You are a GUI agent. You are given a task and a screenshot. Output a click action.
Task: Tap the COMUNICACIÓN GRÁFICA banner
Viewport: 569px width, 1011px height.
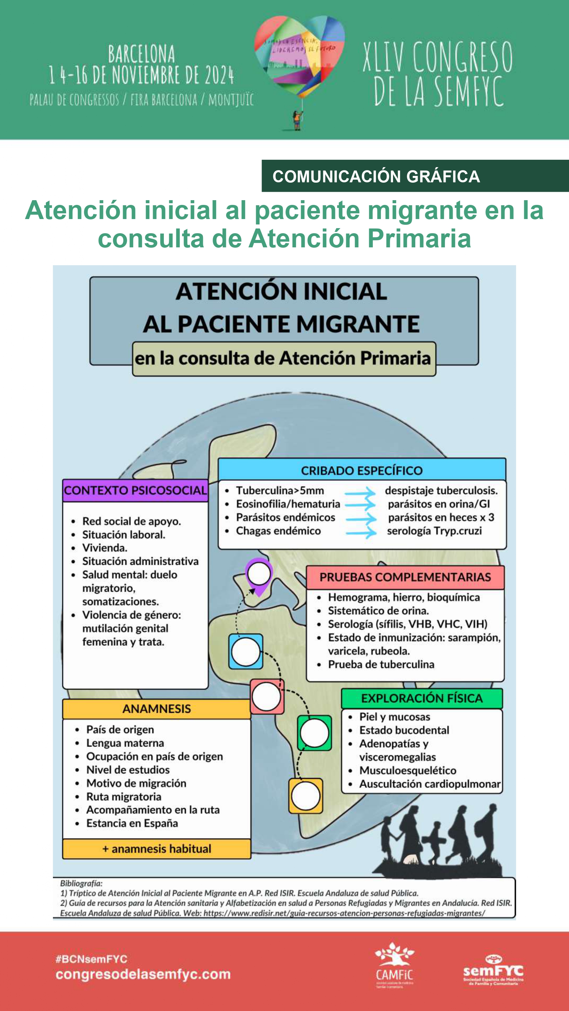(x=415, y=176)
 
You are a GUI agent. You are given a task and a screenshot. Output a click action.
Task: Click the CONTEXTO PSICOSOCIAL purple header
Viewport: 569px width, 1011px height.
(x=135, y=490)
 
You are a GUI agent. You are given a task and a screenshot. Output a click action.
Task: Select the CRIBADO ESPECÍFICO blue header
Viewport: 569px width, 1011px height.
(x=362, y=470)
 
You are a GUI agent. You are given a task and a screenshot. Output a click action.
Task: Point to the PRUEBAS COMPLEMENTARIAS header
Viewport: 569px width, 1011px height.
(x=405, y=577)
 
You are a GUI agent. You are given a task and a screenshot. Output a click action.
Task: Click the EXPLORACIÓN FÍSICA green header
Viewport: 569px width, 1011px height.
(x=422, y=698)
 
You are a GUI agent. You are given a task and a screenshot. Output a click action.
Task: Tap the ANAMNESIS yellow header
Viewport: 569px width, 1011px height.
(x=156, y=708)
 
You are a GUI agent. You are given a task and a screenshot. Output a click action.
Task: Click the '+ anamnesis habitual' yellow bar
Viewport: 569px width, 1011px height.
(x=156, y=849)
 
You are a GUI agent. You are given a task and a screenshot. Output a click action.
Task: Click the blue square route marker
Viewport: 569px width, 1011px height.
(x=246, y=651)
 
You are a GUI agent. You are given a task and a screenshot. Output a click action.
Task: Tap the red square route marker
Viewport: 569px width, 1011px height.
(x=267, y=696)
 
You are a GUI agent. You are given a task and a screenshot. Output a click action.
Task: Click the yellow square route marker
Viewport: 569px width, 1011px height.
(x=305, y=796)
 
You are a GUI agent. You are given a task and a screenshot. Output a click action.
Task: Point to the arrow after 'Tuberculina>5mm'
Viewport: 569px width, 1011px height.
(x=360, y=491)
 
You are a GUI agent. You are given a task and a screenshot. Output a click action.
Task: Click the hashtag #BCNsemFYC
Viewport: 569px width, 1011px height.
(x=91, y=959)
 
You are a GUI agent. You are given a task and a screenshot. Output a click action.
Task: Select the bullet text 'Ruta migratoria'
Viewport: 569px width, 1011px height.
(x=124, y=796)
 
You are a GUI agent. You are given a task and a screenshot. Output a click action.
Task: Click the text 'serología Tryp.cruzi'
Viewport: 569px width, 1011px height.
(x=434, y=531)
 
